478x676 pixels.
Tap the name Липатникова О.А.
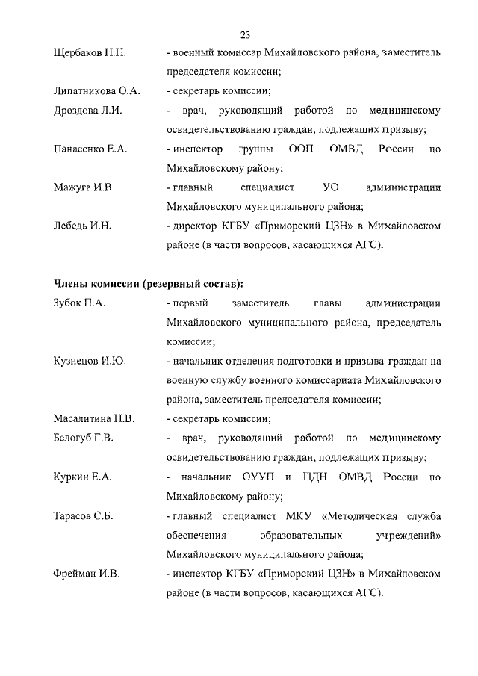97,92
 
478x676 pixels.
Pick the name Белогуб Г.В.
84,438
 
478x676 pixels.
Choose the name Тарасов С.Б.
84,515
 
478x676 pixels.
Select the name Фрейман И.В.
87,574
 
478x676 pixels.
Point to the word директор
196,226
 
